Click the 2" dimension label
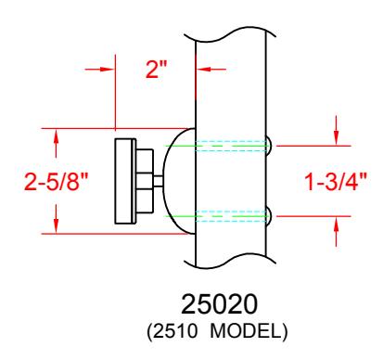tap(156, 70)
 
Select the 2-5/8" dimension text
tap(57, 181)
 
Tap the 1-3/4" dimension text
tap(336, 181)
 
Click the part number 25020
tap(219, 304)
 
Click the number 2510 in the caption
tap(174, 331)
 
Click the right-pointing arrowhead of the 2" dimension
tap(108, 70)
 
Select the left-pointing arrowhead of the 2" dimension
tap(203, 70)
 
